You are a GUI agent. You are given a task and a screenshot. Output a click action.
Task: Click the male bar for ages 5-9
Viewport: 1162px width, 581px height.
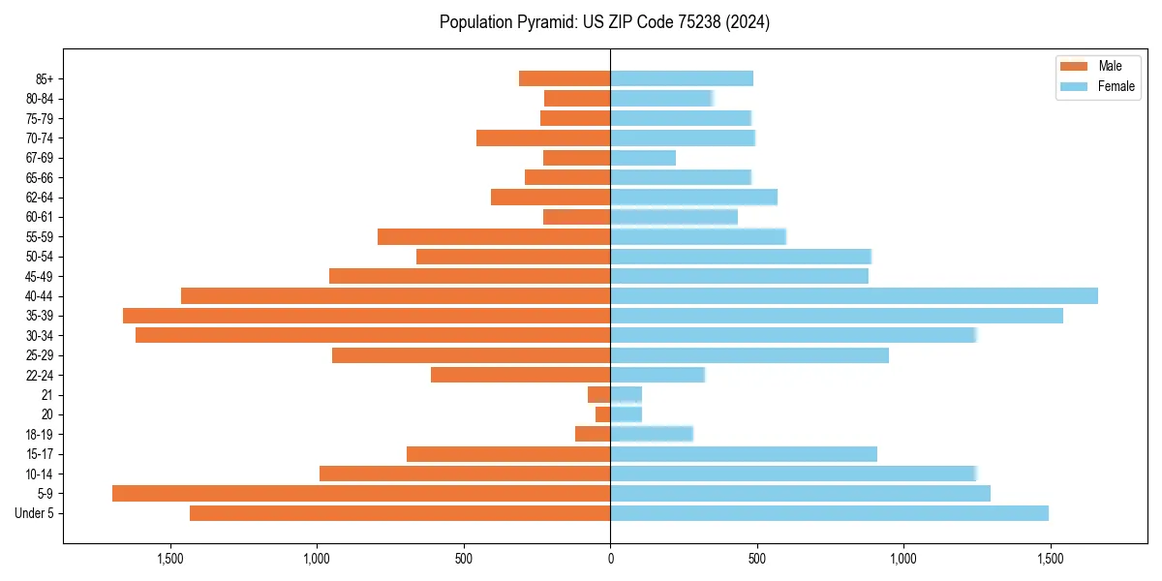(361, 494)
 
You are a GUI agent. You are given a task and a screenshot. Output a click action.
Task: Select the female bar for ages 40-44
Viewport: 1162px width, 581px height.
(854, 296)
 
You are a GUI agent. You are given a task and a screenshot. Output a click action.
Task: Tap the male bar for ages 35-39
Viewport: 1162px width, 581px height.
(366, 316)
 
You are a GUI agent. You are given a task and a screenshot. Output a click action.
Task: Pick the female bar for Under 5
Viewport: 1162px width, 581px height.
(829, 513)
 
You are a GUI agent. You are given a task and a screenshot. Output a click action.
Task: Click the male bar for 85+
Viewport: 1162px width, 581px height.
(565, 78)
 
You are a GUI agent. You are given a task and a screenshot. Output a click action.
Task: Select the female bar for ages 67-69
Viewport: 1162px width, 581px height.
(643, 158)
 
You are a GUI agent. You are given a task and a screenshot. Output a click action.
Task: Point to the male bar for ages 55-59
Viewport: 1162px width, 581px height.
(494, 237)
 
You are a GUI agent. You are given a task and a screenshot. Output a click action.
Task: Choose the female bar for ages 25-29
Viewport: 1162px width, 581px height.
(749, 355)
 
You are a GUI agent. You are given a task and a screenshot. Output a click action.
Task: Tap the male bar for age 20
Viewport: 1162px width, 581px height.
(602, 414)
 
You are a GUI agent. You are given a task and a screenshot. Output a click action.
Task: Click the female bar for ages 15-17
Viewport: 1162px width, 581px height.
(744, 454)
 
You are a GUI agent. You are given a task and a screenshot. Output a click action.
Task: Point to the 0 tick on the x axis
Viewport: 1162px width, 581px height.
(610, 559)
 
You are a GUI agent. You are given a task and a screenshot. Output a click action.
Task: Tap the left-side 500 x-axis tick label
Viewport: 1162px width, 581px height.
(464, 559)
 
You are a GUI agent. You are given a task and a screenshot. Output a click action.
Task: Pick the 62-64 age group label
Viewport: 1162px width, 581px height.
(39, 198)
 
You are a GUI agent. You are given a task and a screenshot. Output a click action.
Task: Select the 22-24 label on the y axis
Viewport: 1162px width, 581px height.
(39, 376)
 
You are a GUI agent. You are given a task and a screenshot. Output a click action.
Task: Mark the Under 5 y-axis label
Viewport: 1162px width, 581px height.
(35, 513)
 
